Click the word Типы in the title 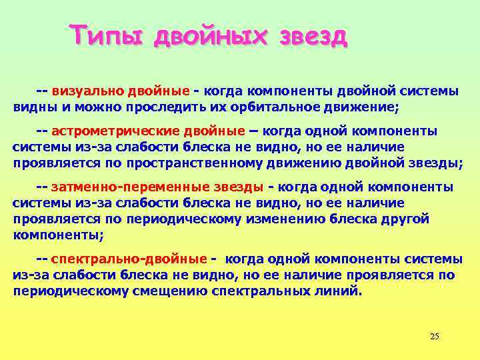tap(107, 35)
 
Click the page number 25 tap(435, 336)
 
